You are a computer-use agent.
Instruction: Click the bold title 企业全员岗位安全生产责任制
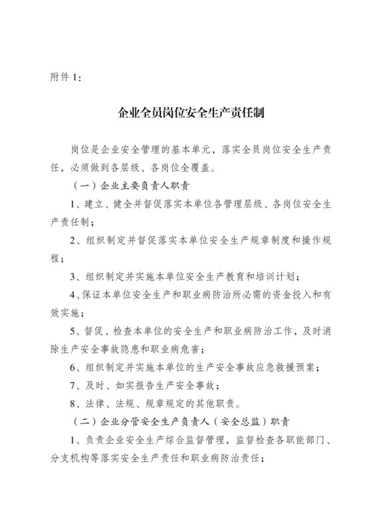tap(186, 113)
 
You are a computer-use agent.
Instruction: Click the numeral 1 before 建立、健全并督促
tap(73, 203)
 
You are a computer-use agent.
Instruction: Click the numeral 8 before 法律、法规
tap(73, 404)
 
